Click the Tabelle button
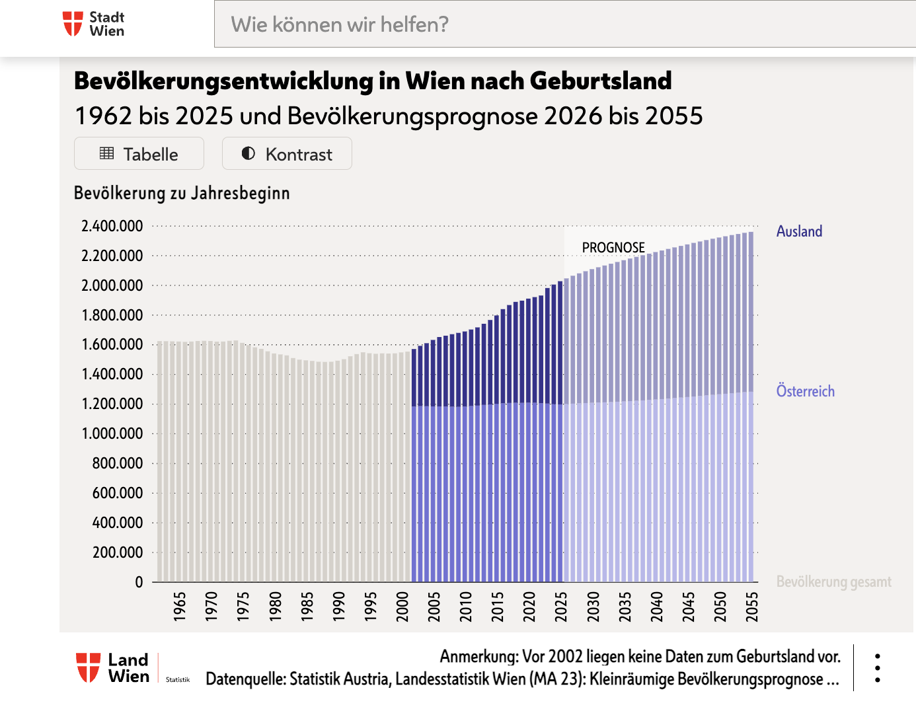pos(139,154)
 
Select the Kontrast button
pos(287,154)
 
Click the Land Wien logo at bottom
pos(113,668)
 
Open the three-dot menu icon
pos(877,668)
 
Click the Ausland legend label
pos(799,231)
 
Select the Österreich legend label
pos(805,391)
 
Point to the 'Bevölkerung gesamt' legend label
pos(833,582)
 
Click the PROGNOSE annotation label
pos(613,247)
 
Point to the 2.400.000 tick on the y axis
pos(112,226)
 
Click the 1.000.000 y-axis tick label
pos(112,433)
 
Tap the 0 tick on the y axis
pos(139,582)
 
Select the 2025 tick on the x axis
pos(561,606)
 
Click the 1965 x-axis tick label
pos(180,606)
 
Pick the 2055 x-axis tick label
pos(751,606)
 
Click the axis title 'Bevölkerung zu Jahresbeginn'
pos(182,193)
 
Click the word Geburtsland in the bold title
pos(600,81)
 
